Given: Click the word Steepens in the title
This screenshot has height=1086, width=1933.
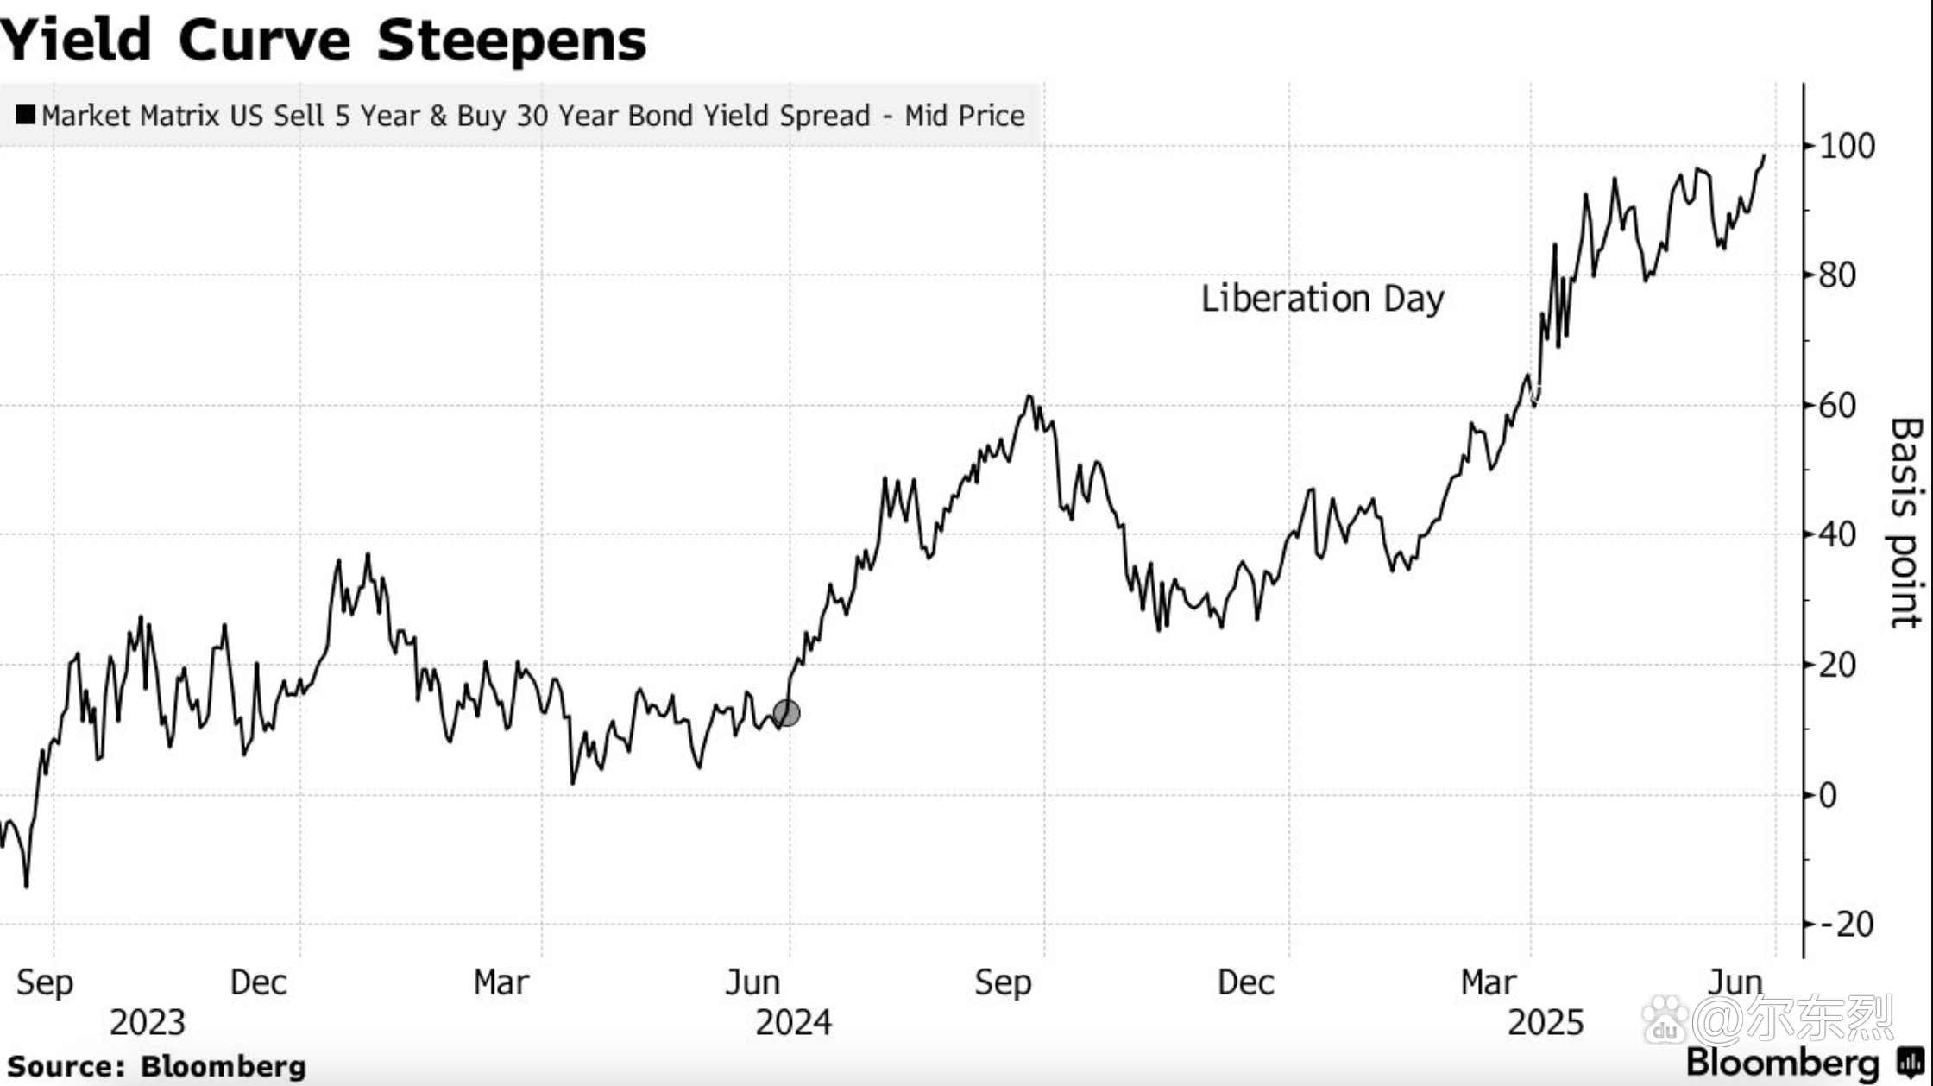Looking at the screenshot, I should click(512, 40).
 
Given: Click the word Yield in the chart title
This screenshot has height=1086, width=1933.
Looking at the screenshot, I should click(76, 40).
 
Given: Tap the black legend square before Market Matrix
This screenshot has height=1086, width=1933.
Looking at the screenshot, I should click(26, 115).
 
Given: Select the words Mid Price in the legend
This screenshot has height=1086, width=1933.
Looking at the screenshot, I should click(965, 116).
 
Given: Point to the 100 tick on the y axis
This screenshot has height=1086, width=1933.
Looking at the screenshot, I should click(1847, 146).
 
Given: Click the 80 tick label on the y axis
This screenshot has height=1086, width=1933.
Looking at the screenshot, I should click(1837, 275).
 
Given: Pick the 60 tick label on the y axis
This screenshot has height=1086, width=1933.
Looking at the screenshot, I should click(1837, 405).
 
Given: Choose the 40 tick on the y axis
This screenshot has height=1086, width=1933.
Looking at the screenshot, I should click(1837, 534).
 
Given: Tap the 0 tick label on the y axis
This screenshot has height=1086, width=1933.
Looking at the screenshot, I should click(1828, 795).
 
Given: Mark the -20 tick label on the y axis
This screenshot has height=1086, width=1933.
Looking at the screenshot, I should click(1846, 925).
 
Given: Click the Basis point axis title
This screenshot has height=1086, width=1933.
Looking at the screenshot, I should click(1905, 523).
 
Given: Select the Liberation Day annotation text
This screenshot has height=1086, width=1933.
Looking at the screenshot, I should click(1322, 299).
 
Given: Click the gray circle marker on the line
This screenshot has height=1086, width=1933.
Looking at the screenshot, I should click(786, 713).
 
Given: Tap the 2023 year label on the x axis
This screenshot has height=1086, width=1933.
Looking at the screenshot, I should click(148, 1023).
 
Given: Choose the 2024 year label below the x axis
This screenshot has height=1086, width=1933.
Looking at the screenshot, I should click(793, 1023).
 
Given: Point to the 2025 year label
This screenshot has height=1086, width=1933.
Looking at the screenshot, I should click(1546, 1023).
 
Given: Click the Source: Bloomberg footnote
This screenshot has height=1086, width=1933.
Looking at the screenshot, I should click(157, 1066).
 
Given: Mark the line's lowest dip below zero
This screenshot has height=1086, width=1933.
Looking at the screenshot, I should click(27, 886).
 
